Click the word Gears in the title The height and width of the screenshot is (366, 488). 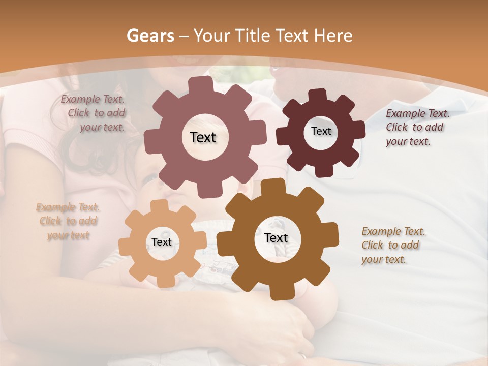click(x=150, y=36)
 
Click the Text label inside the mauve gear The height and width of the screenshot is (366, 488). click(x=203, y=137)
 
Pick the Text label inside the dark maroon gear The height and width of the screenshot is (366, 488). click(x=321, y=131)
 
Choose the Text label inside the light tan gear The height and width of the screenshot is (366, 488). click(x=162, y=242)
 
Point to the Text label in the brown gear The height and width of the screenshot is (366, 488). click(x=276, y=238)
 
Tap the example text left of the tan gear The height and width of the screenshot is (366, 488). click(x=68, y=221)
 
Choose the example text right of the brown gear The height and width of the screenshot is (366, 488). click(x=392, y=245)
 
